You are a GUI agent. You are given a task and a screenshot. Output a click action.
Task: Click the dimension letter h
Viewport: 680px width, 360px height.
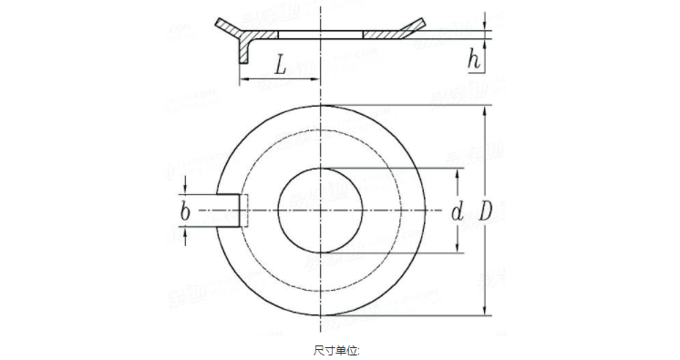[473, 60]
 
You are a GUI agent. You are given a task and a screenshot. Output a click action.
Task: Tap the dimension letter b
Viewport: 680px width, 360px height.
[185, 211]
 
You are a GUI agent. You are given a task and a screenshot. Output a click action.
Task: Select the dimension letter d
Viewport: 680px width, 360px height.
[458, 212]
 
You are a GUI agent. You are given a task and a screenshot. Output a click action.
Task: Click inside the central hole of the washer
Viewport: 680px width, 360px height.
[322, 211]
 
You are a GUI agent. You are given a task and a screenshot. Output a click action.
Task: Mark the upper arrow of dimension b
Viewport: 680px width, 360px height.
[186, 188]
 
